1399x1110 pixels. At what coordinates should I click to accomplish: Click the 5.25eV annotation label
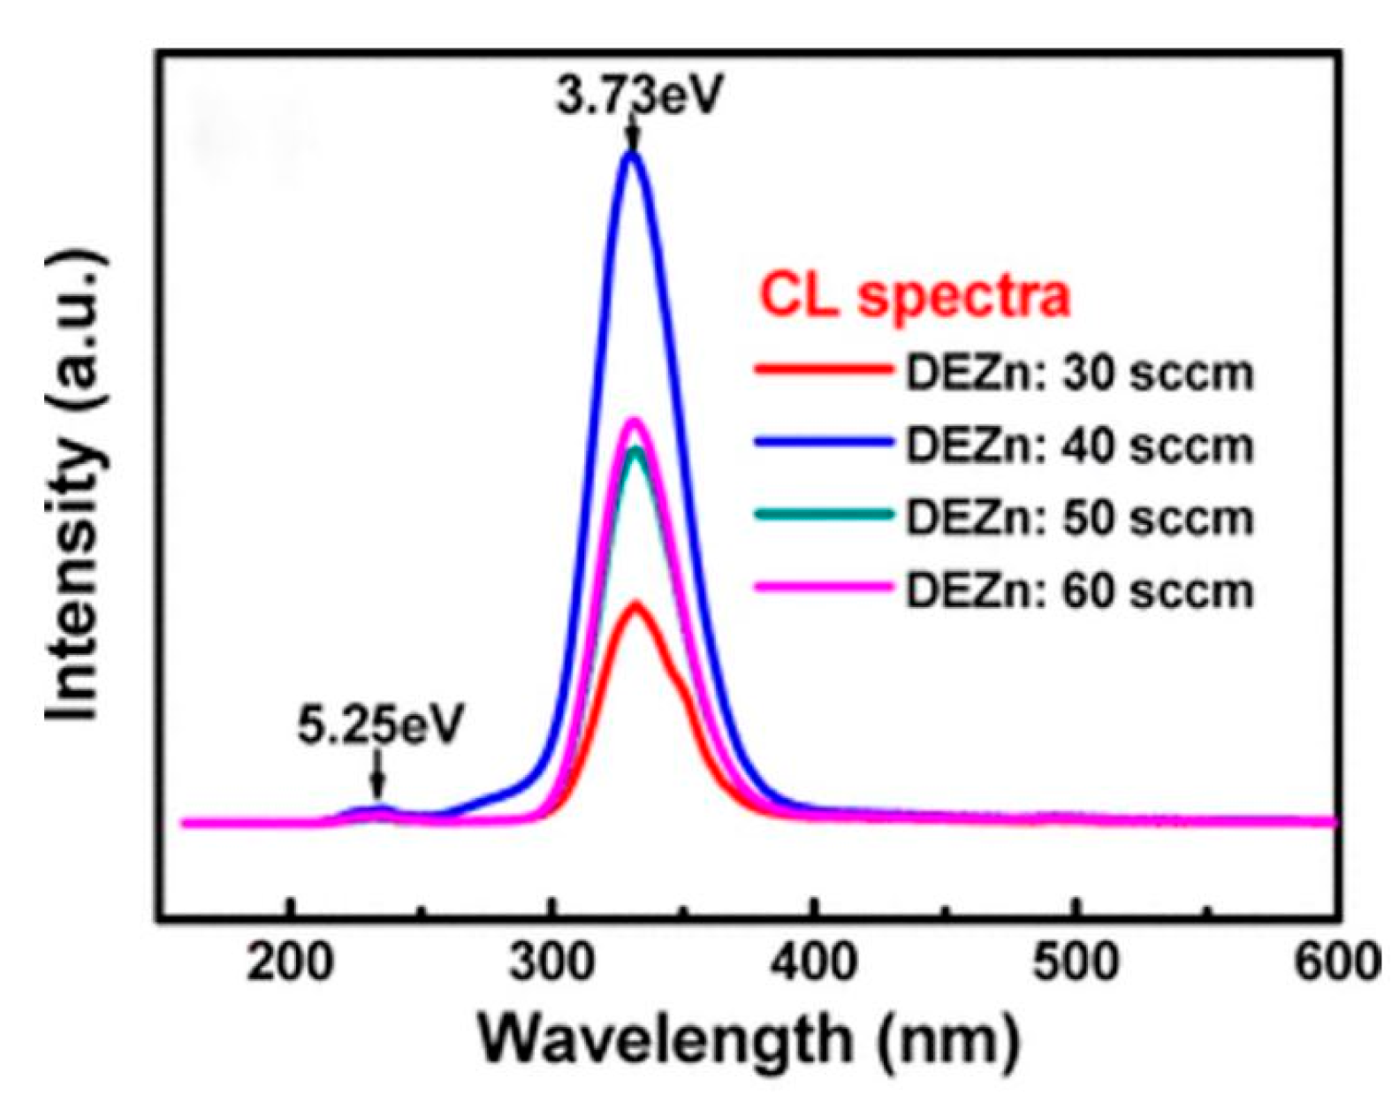tap(379, 725)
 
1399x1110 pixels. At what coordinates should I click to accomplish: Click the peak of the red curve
tap(635, 605)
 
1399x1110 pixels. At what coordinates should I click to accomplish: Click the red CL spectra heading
tap(915, 296)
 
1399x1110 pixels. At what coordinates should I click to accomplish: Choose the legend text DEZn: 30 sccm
tap(1079, 374)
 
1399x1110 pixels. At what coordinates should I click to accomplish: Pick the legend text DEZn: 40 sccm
tap(1079, 446)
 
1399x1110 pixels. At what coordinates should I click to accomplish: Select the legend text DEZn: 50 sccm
tap(1079, 519)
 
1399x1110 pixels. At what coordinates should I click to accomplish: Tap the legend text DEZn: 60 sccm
tap(1079, 590)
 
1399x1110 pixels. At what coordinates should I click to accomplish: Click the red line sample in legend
tap(822, 370)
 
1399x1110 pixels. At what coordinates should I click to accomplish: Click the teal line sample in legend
tap(822, 514)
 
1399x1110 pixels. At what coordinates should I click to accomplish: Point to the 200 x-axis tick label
tap(289, 962)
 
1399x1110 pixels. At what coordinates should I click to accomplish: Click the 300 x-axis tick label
tap(551, 962)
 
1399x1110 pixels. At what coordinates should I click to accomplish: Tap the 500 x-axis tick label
tap(1076, 962)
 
